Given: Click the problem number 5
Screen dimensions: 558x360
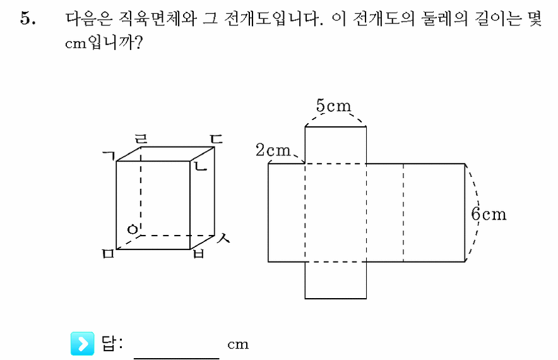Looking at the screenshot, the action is point(28,18).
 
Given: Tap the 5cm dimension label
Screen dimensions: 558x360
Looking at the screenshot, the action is point(333,105).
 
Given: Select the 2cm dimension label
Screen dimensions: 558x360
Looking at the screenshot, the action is point(273,150).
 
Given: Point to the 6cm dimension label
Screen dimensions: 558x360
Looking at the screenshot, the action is point(489,214).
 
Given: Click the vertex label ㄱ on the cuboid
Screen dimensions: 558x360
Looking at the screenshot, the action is point(109,155).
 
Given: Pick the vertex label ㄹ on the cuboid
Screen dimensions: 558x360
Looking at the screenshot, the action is point(141,139).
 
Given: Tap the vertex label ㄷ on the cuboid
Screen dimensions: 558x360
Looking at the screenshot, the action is point(216,139).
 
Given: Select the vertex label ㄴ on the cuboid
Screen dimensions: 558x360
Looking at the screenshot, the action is point(200,166).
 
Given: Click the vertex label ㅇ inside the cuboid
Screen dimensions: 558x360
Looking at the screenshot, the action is point(133,229).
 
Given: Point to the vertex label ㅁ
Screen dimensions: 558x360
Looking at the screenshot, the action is point(108,254).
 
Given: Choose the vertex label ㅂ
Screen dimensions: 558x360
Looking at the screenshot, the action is point(199,253).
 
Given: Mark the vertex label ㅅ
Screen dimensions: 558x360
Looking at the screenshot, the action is point(223,238).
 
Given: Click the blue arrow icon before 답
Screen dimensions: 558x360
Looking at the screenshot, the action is point(82,344).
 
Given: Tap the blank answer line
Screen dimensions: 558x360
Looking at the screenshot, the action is point(177,358).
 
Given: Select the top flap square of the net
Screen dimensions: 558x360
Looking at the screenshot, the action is point(336,145).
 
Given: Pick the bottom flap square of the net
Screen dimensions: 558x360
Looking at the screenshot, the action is point(336,280).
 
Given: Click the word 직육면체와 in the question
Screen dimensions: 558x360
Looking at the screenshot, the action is point(157,18).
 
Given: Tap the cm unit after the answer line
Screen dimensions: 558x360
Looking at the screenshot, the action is point(238,345).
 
